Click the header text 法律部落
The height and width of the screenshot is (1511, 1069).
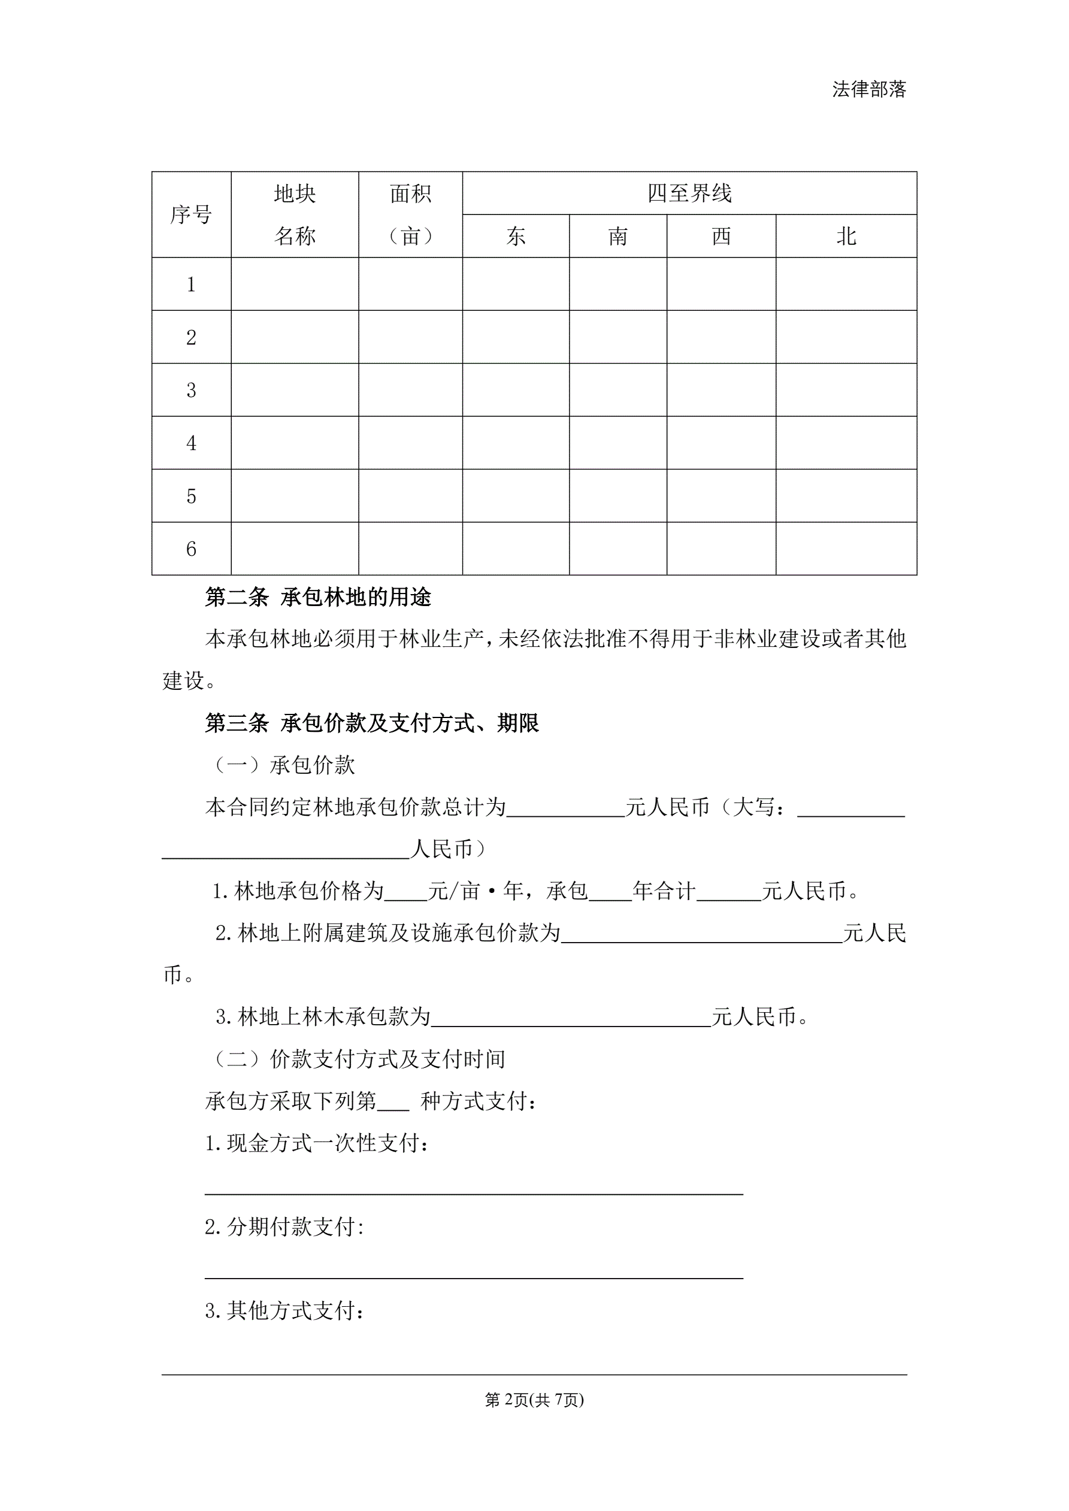(x=869, y=89)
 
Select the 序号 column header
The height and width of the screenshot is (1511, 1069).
(x=191, y=214)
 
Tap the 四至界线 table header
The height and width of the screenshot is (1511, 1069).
(x=689, y=193)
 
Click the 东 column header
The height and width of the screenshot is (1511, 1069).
(x=516, y=236)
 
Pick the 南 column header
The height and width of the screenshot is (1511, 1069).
(x=617, y=236)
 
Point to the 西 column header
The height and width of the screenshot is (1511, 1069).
(x=721, y=236)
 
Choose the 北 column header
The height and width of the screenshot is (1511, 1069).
(x=846, y=236)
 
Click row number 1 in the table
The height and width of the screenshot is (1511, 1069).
(x=191, y=284)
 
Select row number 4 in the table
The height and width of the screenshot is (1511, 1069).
(x=191, y=443)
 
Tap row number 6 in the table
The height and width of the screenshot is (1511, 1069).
(x=191, y=549)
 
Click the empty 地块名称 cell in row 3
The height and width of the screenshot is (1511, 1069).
(x=294, y=390)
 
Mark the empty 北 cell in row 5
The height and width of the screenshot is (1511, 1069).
(x=846, y=495)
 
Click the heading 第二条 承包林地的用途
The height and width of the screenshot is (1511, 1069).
(x=318, y=597)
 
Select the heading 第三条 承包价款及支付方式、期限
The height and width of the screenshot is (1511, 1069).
(x=372, y=723)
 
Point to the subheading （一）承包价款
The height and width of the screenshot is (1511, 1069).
(x=283, y=765)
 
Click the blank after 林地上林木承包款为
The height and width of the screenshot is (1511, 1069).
(x=571, y=1018)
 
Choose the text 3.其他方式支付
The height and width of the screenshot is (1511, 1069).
(x=284, y=1310)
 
